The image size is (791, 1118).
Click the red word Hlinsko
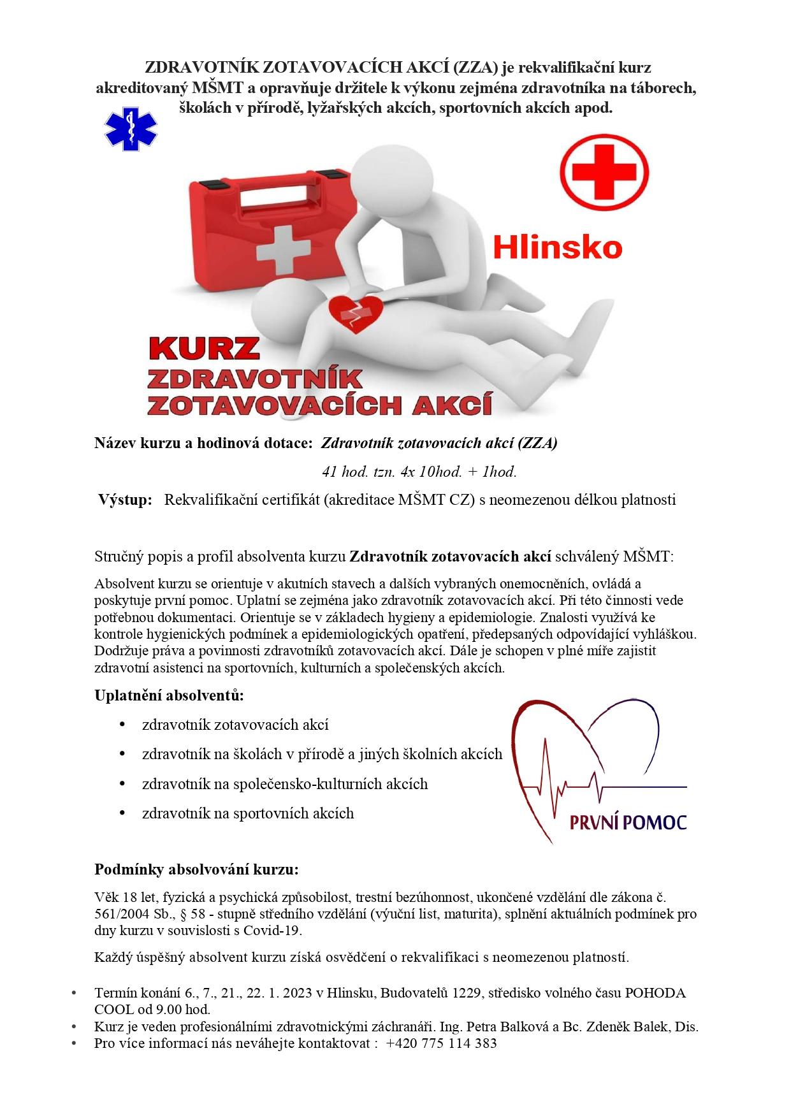point(557,247)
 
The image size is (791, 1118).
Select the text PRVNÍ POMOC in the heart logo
point(628,822)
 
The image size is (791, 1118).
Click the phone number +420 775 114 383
point(441,1043)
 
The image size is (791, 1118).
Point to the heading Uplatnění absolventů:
point(169,695)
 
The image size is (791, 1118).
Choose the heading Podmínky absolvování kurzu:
point(196,869)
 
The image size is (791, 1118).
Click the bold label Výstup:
point(126,500)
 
